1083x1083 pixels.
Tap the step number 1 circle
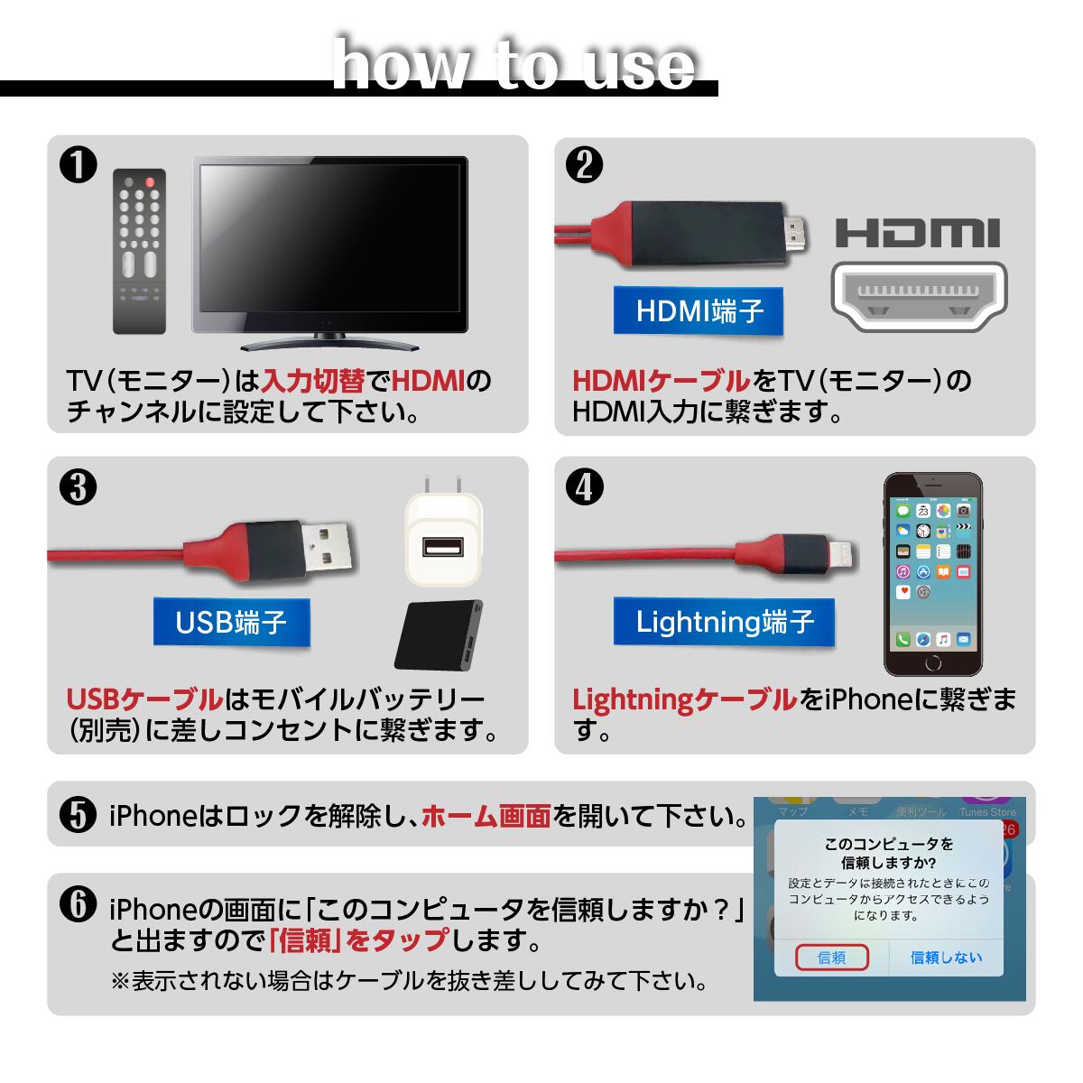click(x=79, y=164)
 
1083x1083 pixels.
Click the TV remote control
click(x=139, y=251)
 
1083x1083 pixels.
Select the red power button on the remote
click(x=150, y=182)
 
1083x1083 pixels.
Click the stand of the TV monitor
click(x=329, y=342)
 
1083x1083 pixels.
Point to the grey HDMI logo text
click(x=918, y=233)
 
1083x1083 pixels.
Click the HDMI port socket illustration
click(x=919, y=296)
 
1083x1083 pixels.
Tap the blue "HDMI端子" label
click(x=699, y=310)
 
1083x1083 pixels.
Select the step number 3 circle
click(x=79, y=486)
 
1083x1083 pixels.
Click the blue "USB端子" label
click(x=232, y=622)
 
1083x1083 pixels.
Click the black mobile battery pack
click(x=439, y=635)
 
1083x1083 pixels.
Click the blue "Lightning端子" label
click(x=725, y=622)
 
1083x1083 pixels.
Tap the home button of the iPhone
click(x=933, y=662)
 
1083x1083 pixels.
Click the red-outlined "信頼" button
click(x=832, y=958)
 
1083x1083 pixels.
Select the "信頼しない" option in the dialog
click(x=947, y=958)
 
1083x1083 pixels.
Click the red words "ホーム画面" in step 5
click(x=486, y=817)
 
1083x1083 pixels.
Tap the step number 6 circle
click(x=79, y=904)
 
